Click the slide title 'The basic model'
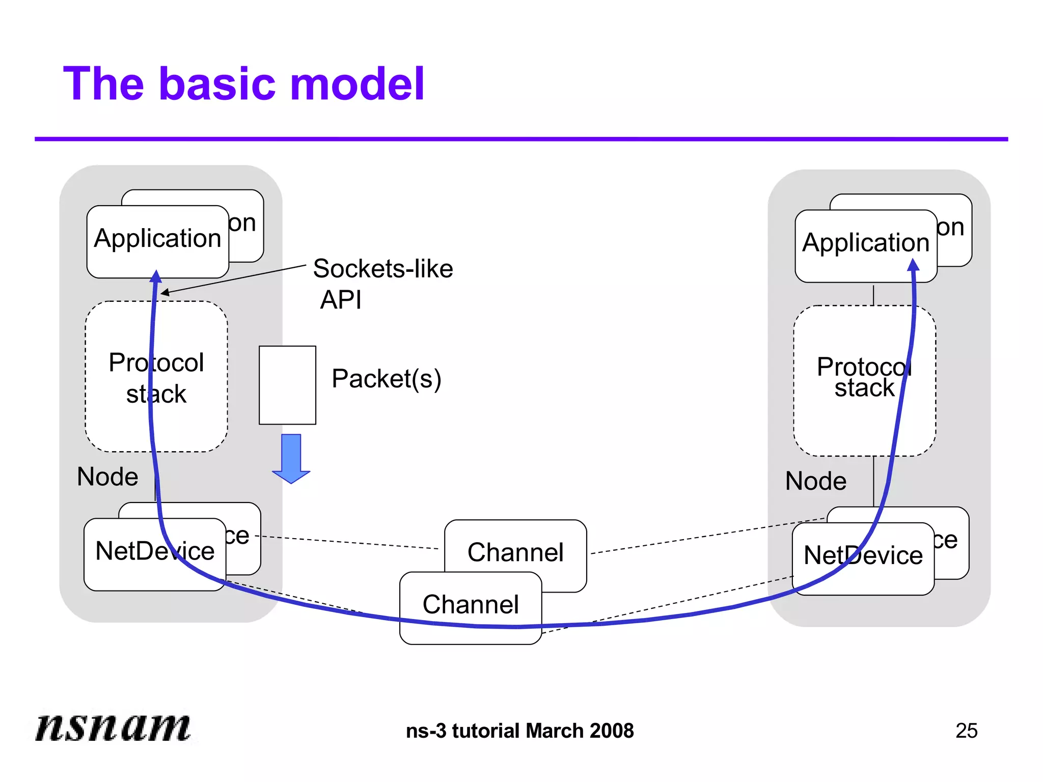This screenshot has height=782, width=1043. (243, 84)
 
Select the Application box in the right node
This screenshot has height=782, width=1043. (865, 243)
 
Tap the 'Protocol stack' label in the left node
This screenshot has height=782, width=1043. (156, 378)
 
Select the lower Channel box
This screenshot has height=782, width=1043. (471, 605)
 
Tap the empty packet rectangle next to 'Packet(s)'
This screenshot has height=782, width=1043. (287, 385)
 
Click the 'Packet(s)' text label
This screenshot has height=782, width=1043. (387, 379)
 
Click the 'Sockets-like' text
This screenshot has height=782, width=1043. (383, 269)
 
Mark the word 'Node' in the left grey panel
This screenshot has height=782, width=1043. (107, 477)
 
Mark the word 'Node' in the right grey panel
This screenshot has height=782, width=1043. (816, 481)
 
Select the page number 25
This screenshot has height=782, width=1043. (966, 731)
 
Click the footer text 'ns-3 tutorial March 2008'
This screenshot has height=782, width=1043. (520, 731)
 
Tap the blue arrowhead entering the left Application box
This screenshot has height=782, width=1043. (156, 277)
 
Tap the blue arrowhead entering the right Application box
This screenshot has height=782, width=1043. (913, 265)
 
